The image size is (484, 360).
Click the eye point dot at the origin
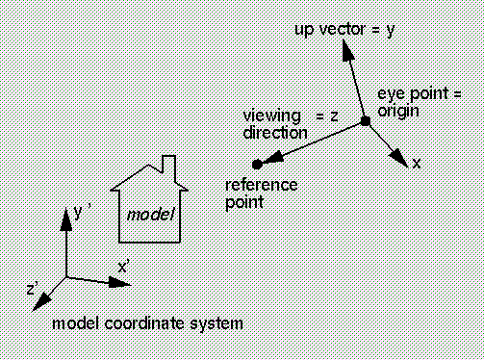(x=366, y=121)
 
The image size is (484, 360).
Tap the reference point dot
(x=257, y=165)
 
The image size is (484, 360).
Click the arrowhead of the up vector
(x=347, y=50)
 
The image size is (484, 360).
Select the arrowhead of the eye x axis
(x=398, y=158)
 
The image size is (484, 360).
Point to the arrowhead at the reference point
(x=273, y=159)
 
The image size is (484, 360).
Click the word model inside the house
(x=151, y=215)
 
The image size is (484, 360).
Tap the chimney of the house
(x=169, y=167)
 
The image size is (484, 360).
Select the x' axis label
(x=123, y=267)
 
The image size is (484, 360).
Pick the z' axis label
(x=33, y=288)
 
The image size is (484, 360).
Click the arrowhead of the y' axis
(x=66, y=219)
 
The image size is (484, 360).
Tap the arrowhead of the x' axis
(x=120, y=282)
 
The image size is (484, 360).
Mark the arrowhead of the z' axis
(x=42, y=303)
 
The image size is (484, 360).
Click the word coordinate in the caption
(x=144, y=323)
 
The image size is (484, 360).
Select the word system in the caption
(x=217, y=324)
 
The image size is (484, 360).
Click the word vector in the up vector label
(x=343, y=29)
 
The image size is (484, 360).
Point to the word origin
(x=398, y=112)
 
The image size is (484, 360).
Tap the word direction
(x=275, y=133)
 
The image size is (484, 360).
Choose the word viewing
(x=272, y=116)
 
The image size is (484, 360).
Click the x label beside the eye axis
(x=416, y=164)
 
